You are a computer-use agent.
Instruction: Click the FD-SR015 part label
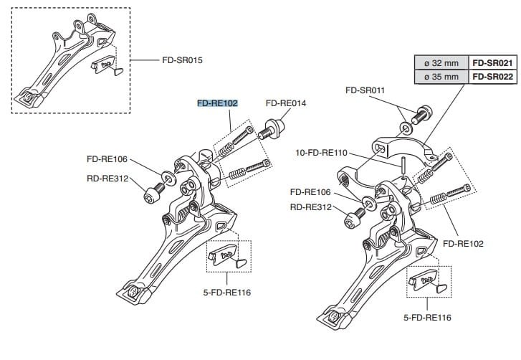[x=182, y=60]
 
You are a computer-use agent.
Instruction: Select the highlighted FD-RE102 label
[x=217, y=103]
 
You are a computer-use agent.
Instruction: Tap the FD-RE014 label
[x=285, y=103]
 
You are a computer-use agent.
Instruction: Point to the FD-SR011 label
[x=365, y=90]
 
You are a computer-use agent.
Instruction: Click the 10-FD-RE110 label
[x=321, y=153]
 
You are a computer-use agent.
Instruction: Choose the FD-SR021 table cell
[x=491, y=62]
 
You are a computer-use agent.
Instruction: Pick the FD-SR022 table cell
[x=491, y=76]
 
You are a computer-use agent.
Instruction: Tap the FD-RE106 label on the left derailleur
[x=107, y=159]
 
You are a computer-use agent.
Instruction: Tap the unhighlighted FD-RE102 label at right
[x=463, y=244]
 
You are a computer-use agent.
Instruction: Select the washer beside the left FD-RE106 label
[x=166, y=175]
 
